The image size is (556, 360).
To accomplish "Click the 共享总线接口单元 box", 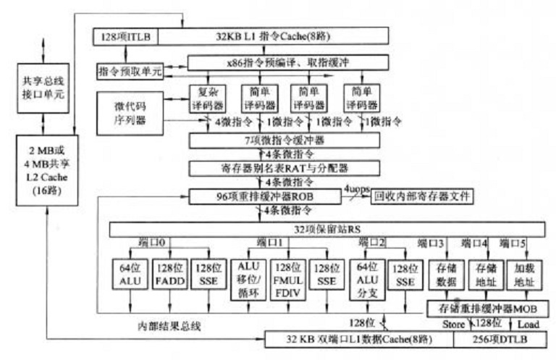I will [43, 86].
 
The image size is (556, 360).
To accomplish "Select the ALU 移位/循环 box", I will [249, 277].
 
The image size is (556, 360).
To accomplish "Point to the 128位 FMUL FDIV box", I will [287, 277].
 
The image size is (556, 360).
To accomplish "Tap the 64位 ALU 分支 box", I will [364, 277].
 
